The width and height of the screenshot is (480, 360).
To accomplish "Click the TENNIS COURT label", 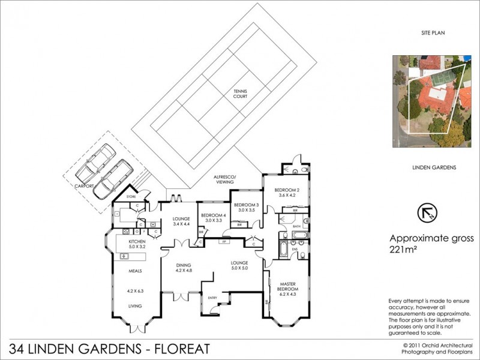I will point(241,95).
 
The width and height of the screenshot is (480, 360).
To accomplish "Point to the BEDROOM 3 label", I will point(246,205).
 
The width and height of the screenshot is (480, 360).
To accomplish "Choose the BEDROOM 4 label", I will point(213,215).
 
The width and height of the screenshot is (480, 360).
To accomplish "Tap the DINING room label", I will point(183,265).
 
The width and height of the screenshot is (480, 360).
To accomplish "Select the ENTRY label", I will point(212,297).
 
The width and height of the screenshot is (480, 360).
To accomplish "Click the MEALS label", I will point(134,271).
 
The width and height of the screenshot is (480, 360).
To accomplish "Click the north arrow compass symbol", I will point(427,212).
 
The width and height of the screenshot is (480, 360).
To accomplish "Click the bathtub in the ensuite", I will point(283,248).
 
